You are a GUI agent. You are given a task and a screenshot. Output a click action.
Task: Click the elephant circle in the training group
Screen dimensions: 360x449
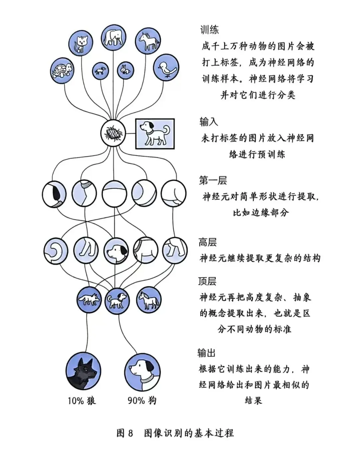(x=114, y=37)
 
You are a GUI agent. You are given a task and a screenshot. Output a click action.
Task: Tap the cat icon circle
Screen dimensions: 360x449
(x=81, y=43)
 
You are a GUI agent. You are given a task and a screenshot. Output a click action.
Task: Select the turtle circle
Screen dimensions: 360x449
(x=62, y=71)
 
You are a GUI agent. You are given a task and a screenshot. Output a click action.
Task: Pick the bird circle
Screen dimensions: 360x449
(x=166, y=68)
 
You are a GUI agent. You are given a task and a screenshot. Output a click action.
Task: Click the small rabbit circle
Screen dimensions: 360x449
(x=125, y=71)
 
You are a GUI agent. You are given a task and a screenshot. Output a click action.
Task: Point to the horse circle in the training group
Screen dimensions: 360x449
(x=148, y=40)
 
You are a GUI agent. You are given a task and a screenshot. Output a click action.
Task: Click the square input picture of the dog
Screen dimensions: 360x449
(x=155, y=134)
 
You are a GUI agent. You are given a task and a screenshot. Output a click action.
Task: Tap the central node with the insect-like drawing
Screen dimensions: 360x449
(x=113, y=133)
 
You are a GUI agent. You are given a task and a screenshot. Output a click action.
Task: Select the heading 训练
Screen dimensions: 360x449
(x=210, y=30)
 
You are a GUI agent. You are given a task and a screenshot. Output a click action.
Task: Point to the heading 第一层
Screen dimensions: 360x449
(x=213, y=180)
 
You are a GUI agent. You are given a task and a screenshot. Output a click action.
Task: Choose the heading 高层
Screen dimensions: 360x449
(x=207, y=242)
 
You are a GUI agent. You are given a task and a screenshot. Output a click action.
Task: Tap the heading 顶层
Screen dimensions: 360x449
(x=207, y=281)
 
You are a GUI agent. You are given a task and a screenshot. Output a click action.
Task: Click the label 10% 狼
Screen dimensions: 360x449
(x=82, y=401)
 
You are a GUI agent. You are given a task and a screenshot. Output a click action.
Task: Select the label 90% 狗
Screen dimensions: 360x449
(x=142, y=400)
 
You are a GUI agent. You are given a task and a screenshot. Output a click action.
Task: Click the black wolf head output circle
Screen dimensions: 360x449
(x=83, y=371)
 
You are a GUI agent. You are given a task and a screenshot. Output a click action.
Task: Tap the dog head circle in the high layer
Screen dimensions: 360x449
(x=116, y=251)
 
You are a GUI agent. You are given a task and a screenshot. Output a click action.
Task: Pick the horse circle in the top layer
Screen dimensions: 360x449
(x=149, y=300)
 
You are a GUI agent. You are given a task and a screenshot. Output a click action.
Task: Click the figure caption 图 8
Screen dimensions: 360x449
(x=125, y=431)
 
